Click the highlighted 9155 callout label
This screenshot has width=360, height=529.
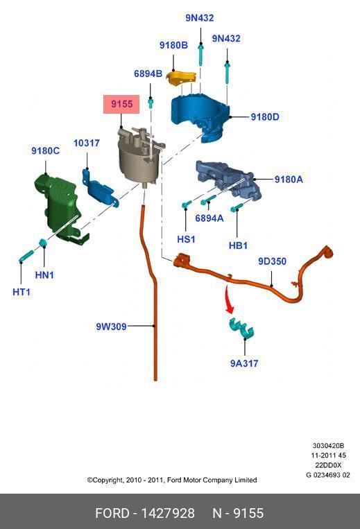121,104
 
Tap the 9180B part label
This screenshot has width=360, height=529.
173,45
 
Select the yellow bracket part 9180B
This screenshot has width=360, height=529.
181,79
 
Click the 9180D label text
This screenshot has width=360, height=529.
265,116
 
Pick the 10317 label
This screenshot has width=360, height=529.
87,143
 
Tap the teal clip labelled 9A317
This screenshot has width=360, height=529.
241,328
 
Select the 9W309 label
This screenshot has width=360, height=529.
112,327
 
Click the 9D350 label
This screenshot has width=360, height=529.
273,261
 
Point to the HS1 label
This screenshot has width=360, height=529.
186,239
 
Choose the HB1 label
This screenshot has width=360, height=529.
238,245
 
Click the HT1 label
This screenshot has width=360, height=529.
22,292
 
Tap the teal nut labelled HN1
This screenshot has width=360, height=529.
43,242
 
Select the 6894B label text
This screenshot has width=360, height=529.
148,73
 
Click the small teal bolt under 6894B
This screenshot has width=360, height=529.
151,103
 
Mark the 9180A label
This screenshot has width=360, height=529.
289,179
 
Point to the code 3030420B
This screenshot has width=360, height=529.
328,446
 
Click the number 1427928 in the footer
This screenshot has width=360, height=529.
168,513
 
